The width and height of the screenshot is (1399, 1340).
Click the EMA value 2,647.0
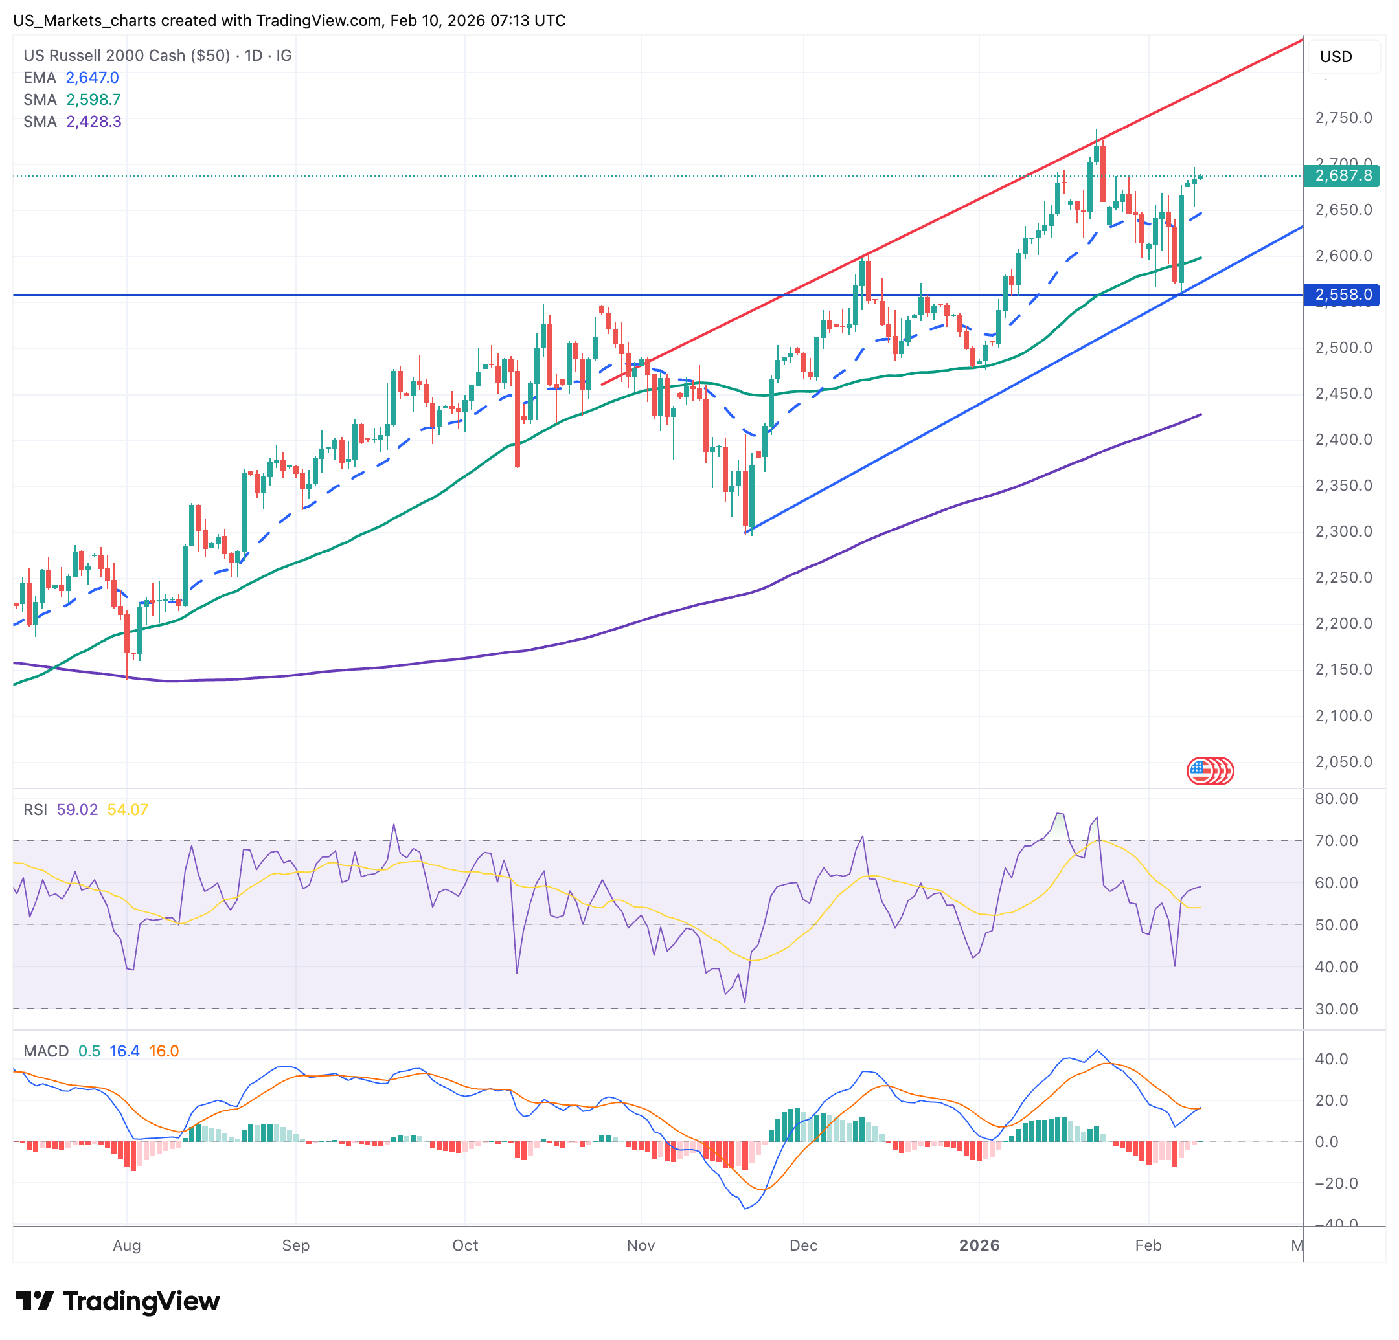tap(92, 78)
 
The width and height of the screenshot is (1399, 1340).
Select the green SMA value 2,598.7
tap(93, 100)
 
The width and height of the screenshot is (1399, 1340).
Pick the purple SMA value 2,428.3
tap(93, 122)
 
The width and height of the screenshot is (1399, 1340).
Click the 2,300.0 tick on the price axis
tap(1343, 531)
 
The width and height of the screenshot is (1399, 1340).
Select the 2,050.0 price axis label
tap(1343, 762)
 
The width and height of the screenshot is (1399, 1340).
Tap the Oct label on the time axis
tap(466, 1245)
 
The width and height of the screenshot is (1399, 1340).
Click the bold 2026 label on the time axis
tap(979, 1245)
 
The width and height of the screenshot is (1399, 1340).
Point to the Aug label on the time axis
tap(127, 1245)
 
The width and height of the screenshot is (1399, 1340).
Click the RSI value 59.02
tap(77, 810)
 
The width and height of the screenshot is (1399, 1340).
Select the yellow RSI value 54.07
tap(128, 810)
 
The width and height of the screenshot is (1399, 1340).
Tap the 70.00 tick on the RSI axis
tap(1336, 840)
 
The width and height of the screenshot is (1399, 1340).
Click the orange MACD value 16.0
tap(164, 1051)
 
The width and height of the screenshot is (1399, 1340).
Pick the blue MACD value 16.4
tap(124, 1051)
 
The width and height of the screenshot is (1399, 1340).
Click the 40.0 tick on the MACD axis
tap(1332, 1059)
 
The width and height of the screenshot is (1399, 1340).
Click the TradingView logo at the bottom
tap(118, 1301)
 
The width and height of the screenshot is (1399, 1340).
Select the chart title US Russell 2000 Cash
tap(104, 56)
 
